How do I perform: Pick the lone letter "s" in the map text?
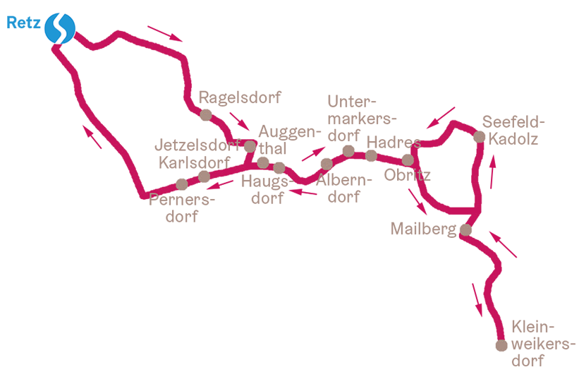point(417,144)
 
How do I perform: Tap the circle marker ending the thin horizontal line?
point(499,343)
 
